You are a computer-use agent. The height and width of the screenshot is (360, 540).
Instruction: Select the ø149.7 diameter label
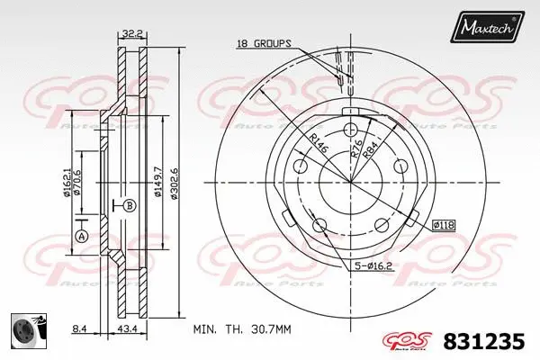[x=158, y=174]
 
